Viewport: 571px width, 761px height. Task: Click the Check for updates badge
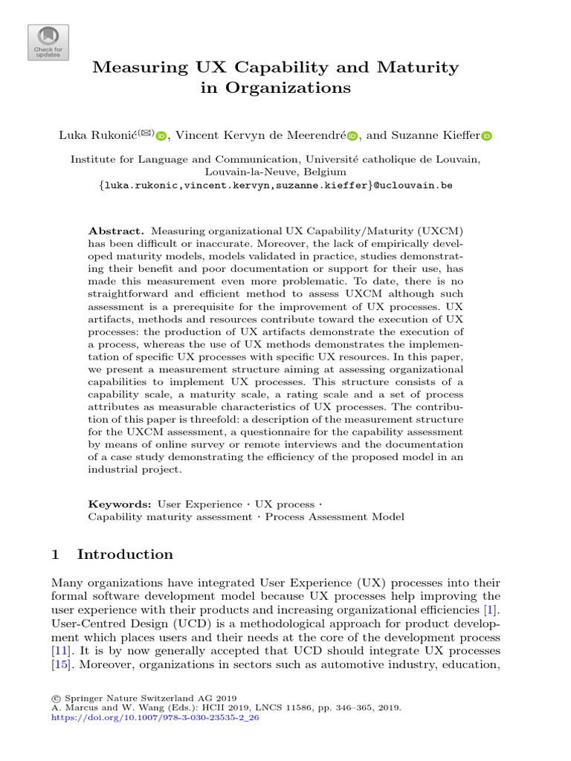point(48,42)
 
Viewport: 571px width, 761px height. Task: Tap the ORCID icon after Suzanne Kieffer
point(487,136)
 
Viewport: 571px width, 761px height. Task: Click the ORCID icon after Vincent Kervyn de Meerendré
point(352,136)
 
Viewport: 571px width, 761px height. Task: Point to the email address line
point(285,185)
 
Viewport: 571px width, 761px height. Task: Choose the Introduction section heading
point(125,554)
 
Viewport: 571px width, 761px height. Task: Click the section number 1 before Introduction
point(56,554)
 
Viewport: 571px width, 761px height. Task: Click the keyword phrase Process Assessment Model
point(335,517)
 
